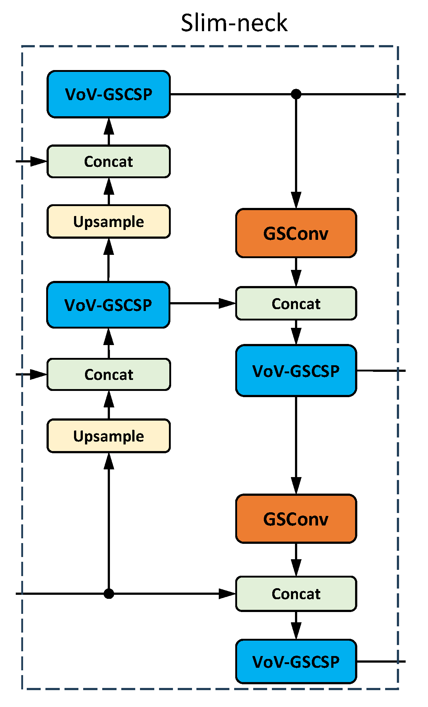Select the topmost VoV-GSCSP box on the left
coord(108,94)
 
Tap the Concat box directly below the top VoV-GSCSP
coord(108,161)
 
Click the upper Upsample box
coord(108,221)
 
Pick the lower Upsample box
coord(108,436)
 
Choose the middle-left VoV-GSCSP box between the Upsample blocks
coord(108,305)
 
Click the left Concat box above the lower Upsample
coord(108,374)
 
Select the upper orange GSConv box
coord(296,233)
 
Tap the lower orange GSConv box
coord(296,519)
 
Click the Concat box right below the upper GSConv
coord(296,304)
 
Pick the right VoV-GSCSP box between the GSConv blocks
coord(296,371)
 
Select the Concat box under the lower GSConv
coord(296,594)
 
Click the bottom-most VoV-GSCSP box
coord(296,662)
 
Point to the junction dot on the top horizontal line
coord(296,94)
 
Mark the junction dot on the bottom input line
coord(108,594)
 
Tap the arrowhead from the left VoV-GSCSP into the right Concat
coord(227,303)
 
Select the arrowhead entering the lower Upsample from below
coord(108,461)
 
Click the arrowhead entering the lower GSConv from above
coord(296,486)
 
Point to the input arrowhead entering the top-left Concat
coord(38,161)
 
